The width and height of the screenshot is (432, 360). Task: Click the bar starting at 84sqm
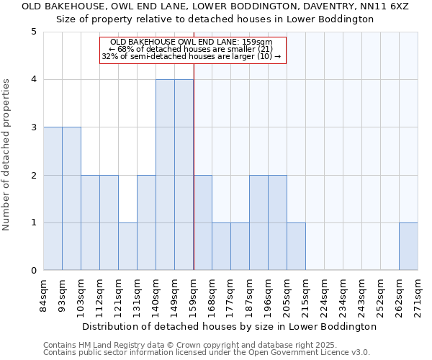[53, 199]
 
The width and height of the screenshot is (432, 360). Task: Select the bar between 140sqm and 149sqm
[165, 175]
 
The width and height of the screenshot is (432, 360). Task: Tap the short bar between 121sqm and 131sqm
[127, 246]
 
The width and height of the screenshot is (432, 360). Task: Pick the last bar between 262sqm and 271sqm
[408, 246]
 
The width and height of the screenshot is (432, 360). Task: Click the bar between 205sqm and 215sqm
[296, 246]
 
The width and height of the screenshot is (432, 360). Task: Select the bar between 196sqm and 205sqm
[277, 222]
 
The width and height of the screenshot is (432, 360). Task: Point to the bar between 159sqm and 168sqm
[202, 222]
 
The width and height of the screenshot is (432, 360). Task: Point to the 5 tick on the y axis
[34, 32]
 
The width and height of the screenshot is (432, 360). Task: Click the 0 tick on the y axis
[34, 271]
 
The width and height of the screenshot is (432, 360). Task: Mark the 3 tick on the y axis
[34, 127]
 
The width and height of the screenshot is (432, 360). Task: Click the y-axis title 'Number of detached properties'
[7, 156]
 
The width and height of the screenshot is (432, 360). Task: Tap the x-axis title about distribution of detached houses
[230, 326]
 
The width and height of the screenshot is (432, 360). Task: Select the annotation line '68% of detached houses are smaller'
[192, 49]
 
